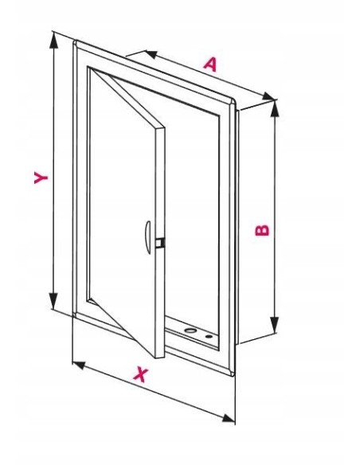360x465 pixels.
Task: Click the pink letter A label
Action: [211, 64]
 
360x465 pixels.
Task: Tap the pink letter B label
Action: [263, 230]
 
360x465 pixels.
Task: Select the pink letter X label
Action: [141, 374]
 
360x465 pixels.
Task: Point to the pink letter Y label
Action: [41, 178]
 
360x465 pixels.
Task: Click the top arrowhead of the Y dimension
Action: [53, 40]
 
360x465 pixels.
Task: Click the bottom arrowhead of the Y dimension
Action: [53, 301]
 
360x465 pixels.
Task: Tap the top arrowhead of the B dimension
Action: [275, 109]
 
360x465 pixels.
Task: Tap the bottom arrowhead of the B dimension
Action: [275, 325]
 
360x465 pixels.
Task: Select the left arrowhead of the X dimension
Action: [79, 365]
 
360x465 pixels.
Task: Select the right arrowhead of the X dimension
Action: [229, 418]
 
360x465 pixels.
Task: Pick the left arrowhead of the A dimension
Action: [151, 54]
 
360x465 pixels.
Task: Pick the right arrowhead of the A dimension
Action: [268, 96]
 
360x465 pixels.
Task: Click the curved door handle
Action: [147, 237]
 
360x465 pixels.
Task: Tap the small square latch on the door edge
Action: [160, 242]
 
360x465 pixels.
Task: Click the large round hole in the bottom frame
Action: [190, 330]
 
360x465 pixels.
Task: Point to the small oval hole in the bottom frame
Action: [209, 337]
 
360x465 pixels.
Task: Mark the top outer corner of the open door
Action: [164, 127]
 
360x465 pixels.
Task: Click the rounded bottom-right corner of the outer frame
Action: [233, 373]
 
